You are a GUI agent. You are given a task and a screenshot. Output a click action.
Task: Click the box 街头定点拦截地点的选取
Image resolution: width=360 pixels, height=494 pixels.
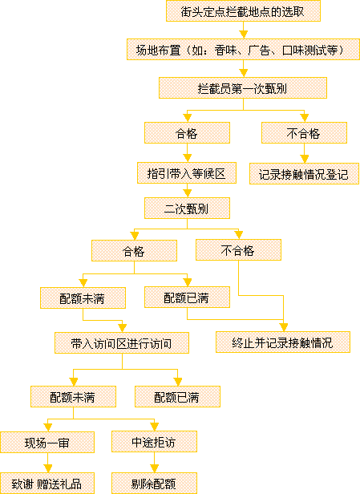[x=243, y=11]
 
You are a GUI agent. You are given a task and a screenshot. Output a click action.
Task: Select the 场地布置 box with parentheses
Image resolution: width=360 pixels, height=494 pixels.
[x=243, y=50]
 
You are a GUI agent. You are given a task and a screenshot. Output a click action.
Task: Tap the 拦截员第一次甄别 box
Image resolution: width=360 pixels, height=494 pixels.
[x=243, y=88]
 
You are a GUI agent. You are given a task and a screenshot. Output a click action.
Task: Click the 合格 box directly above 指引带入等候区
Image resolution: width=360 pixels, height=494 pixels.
[x=187, y=133]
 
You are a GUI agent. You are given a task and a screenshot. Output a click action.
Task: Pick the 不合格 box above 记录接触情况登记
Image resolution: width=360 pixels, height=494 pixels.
[x=304, y=133]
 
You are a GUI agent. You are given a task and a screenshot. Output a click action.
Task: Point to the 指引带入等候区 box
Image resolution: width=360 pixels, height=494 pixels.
[x=187, y=173]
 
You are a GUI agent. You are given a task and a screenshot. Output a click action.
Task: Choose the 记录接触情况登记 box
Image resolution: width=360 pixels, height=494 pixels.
[x=304, y=173]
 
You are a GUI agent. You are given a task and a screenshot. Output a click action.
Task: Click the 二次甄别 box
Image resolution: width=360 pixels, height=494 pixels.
[x=187, y=209]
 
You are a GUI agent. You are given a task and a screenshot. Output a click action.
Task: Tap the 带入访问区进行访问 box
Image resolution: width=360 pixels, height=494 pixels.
[x=122, y=342]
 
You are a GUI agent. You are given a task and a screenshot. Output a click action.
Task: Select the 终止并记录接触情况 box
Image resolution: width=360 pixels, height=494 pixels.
[x=283, y=342]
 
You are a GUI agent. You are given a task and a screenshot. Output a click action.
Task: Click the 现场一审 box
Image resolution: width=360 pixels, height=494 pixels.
[x=47, y=443]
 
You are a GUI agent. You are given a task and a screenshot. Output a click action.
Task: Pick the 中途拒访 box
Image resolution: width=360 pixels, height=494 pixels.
[x=154, y=442]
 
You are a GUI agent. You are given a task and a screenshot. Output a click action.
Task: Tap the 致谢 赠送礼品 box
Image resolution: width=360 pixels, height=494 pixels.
[x=47, y=484]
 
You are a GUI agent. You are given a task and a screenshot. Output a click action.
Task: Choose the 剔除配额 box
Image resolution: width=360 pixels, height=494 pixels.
[x=154, y=484]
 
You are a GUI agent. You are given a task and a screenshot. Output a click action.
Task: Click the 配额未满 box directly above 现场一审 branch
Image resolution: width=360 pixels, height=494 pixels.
[x=74, y=397]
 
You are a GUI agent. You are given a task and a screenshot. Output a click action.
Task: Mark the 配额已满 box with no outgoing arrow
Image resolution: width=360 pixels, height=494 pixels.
[x=178, y=397]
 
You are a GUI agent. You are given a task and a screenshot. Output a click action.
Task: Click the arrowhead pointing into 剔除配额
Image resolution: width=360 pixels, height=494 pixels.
[x=154, y=468]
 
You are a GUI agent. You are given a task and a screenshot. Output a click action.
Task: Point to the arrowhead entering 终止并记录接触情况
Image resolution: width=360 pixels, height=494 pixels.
[x=284, y=327]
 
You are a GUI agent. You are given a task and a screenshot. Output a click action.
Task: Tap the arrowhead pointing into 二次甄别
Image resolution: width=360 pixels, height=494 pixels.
[x=188, y=193]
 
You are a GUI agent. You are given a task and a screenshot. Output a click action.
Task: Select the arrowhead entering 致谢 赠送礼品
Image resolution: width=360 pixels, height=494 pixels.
[x=47, y=468]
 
